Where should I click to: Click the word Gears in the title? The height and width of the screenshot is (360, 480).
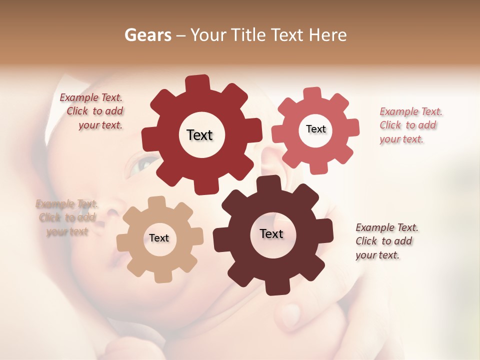(x=147, y=35)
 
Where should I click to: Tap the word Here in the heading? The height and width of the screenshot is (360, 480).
(x=327, y=35)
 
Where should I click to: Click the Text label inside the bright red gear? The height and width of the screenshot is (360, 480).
(x=199, y=135)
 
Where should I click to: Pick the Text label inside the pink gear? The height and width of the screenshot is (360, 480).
(x=315, y=129)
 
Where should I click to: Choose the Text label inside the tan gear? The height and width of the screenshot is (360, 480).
(x=159, y=238)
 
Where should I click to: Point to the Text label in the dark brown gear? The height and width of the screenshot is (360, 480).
(x=271, y=233)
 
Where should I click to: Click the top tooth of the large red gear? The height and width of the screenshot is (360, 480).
(x=198, y=83)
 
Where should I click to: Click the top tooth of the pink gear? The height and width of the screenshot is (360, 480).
(x=312, y=93)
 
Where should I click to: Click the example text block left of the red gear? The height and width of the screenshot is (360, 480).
(x=95, y=111)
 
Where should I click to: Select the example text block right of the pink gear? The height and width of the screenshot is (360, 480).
(x=410, y=125)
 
